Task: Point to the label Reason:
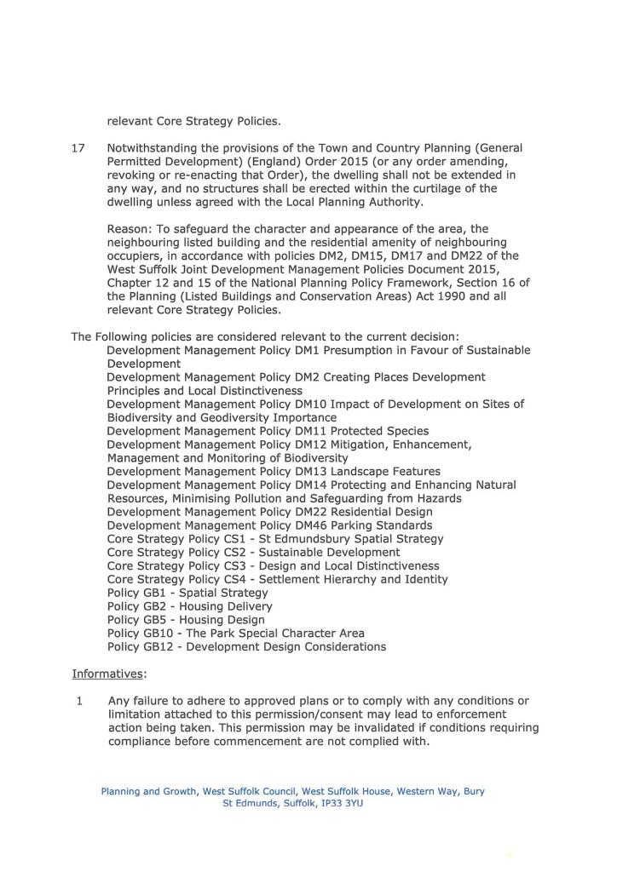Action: click(130, 229)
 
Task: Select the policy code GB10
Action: click(160, 633)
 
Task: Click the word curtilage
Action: click(434, 188)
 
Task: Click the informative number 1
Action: click(79, 701)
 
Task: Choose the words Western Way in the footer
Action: click(427, 791)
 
